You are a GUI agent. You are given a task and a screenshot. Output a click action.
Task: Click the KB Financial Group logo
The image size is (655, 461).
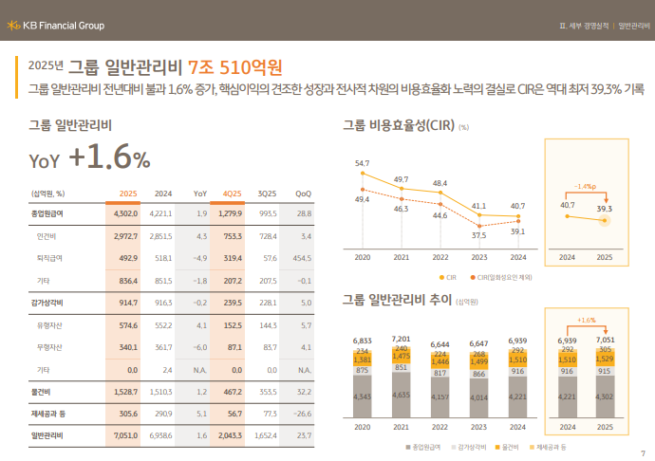56,25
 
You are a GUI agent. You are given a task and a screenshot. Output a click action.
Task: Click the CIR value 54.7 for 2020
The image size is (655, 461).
362,163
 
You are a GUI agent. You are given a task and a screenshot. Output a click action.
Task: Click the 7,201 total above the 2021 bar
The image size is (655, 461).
401,338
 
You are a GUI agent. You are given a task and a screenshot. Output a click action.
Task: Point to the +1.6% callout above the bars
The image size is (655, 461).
586,321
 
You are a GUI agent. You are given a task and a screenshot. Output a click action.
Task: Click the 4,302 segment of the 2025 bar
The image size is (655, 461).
605,396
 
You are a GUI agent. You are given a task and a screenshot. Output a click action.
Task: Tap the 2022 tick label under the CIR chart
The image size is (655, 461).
440,257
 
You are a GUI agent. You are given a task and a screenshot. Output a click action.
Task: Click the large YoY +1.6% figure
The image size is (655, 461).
90,157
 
